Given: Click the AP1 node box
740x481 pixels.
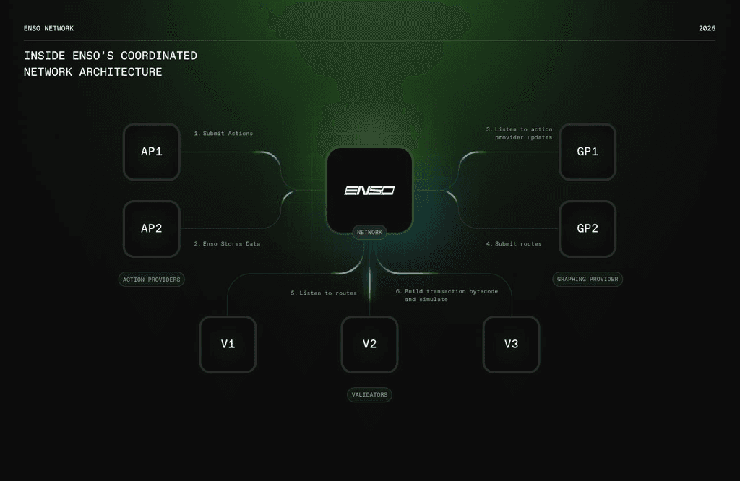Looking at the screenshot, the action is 152,152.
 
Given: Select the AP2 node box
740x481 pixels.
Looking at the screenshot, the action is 152,229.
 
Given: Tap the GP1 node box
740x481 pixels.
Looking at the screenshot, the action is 588,152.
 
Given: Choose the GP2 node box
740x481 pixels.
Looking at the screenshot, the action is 588,229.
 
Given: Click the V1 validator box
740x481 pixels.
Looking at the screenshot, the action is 228,344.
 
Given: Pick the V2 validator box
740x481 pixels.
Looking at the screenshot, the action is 369,344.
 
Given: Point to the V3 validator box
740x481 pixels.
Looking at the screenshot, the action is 511,344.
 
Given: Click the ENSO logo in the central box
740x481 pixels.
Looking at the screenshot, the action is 369,190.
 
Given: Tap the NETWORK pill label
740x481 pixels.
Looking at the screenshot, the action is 369,232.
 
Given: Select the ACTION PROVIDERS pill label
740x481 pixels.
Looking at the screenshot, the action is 152,279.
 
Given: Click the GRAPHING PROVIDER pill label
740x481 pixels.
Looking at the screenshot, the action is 588,279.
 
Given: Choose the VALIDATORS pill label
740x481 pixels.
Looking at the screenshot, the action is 369,395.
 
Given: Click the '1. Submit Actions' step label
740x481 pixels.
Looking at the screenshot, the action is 224,134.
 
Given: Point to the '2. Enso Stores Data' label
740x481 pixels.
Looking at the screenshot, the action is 227,244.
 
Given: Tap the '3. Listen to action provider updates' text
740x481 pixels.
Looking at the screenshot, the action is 519,134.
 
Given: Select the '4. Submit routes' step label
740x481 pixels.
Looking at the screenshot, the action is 514,244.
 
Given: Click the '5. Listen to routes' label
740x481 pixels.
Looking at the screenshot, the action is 324,292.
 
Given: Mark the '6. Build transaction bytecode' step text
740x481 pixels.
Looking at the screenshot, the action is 447,295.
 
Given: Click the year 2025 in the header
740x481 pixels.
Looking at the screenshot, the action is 707,28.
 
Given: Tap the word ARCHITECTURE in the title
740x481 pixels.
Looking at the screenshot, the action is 121,72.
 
